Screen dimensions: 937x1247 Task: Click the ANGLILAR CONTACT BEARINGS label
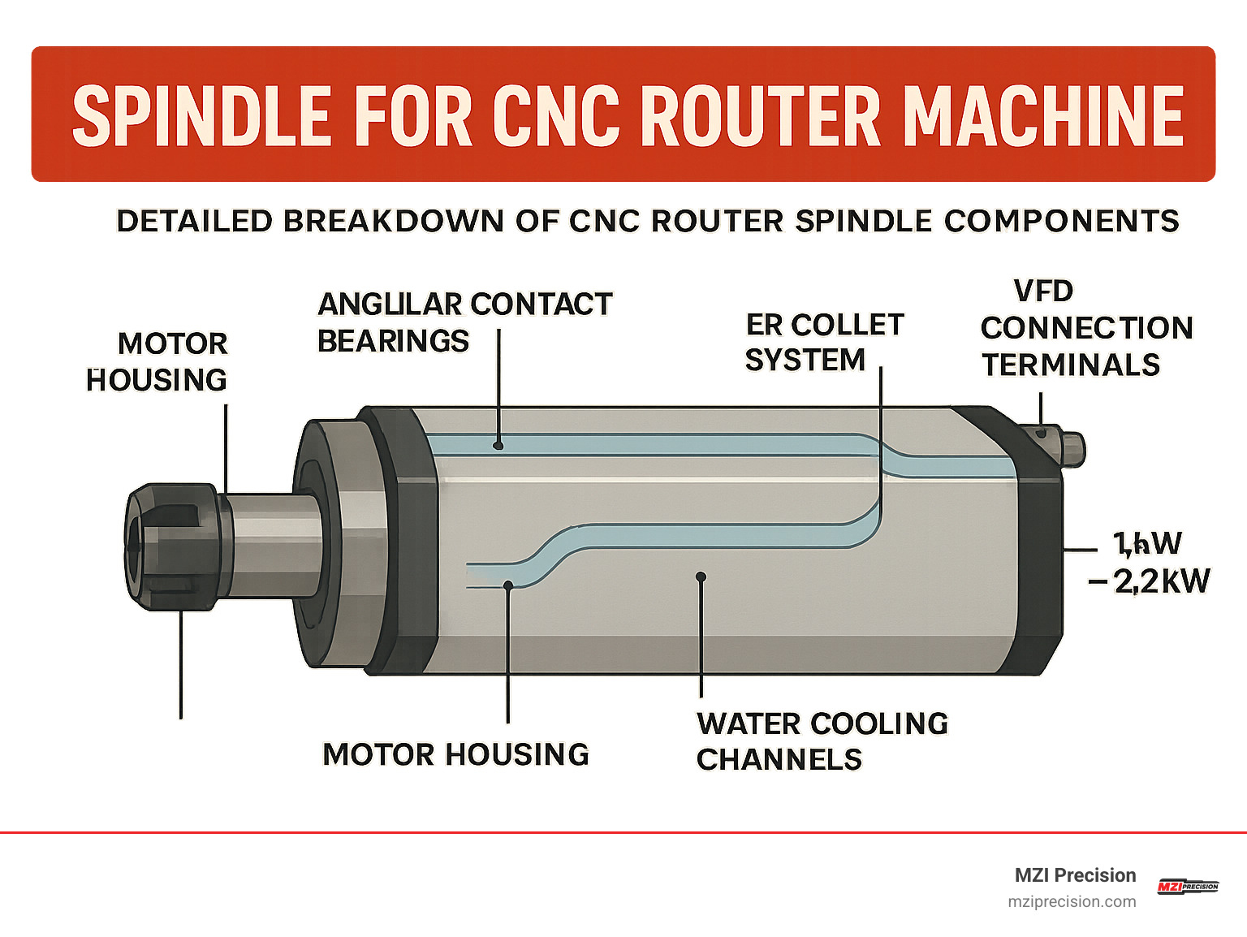[464, 322]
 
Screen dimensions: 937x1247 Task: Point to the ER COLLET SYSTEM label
[823, 342]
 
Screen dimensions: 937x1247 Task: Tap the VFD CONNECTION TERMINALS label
[1085, 328]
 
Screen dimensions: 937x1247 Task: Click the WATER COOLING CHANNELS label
[821, 741]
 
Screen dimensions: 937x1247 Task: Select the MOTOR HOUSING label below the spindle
[455, 754]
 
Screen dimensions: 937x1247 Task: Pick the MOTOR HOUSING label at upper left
[157, 361]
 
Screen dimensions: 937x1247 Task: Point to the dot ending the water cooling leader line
[701, 576]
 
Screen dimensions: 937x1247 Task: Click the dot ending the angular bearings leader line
[498, 445]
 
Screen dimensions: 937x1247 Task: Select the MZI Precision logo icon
[1187, 887]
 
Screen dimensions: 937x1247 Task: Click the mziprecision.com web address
[1072, 901]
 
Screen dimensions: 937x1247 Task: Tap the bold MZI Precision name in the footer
[1075, 875]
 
